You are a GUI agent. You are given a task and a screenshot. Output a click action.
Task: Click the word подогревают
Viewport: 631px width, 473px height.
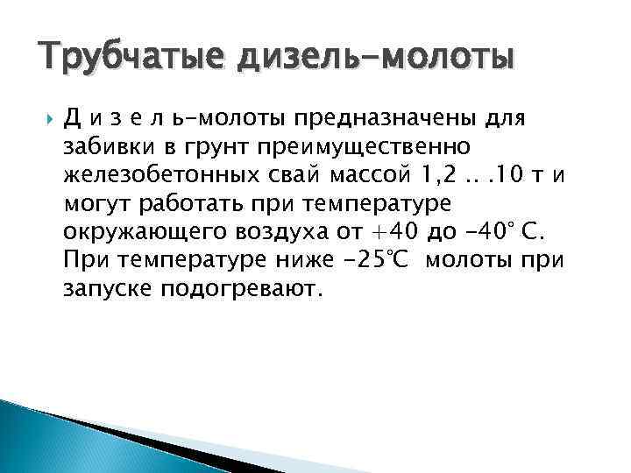click(243, 290)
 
